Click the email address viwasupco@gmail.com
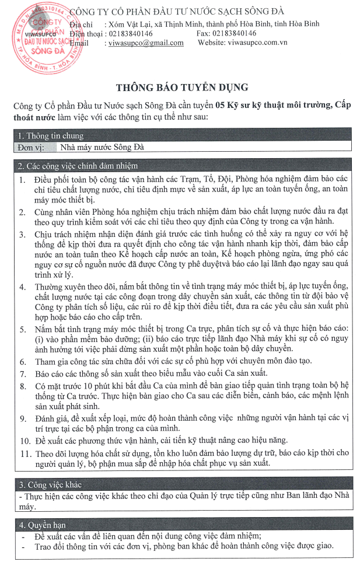pyautogui.click(x=146, y=43)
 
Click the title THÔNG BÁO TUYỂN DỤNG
pyautogui.click(x=181, y=88)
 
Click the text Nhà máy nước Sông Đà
pyautogui.click(x=102, y=148)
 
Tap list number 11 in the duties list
pyautogui.click(x=23, y=452)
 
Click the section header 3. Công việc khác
pyautogui.click(x=50, y=485)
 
